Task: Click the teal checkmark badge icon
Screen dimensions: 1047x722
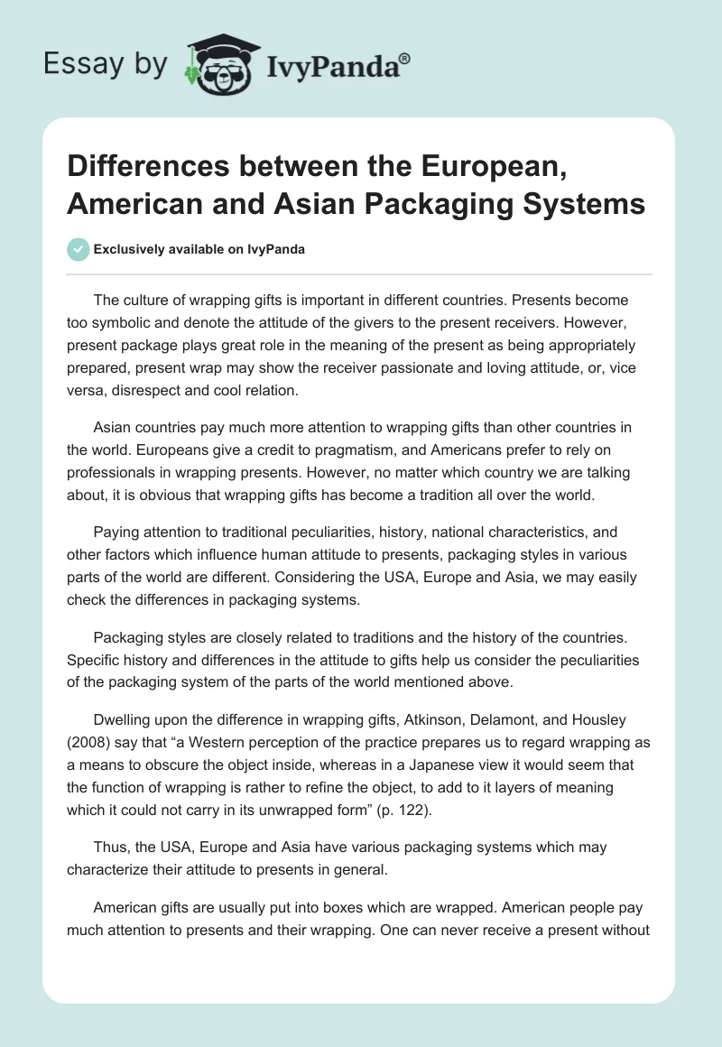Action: coord(79,249)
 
